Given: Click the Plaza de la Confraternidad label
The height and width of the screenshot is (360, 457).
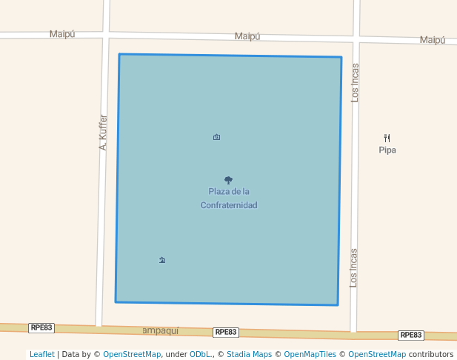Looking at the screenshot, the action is (229, 198).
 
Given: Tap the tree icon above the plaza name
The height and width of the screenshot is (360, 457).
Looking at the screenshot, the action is (228, 180).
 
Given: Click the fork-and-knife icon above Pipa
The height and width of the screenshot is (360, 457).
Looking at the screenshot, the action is (387, 138).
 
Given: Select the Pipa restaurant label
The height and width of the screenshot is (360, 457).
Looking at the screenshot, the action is (387, 150).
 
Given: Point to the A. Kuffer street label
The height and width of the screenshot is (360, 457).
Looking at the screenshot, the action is (104, 133).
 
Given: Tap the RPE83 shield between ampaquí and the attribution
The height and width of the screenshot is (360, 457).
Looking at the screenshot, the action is (225, 333).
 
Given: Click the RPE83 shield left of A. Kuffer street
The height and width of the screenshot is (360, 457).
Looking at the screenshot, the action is (41, 327).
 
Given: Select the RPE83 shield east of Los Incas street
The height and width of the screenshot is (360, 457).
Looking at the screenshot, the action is (411, 335).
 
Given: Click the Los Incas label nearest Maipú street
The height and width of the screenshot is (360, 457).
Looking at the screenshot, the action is (355, 82).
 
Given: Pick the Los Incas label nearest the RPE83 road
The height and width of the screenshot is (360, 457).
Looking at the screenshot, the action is (354, 267).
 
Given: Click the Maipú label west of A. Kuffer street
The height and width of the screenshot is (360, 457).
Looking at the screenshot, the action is (62, 34).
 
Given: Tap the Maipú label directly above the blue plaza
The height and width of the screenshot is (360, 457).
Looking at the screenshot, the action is (247, 36).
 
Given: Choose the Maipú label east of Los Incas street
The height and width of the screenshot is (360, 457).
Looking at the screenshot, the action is (433, 40).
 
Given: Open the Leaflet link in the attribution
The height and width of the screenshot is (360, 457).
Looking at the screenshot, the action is (42, 354).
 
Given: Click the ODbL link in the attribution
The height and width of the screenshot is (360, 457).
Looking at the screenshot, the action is (200, 354).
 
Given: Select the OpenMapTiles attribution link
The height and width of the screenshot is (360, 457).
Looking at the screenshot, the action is (310, 354).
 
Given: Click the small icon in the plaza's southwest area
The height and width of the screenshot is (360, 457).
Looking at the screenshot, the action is (162, 260).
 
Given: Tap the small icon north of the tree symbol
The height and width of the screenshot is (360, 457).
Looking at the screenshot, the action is (216, 137).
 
